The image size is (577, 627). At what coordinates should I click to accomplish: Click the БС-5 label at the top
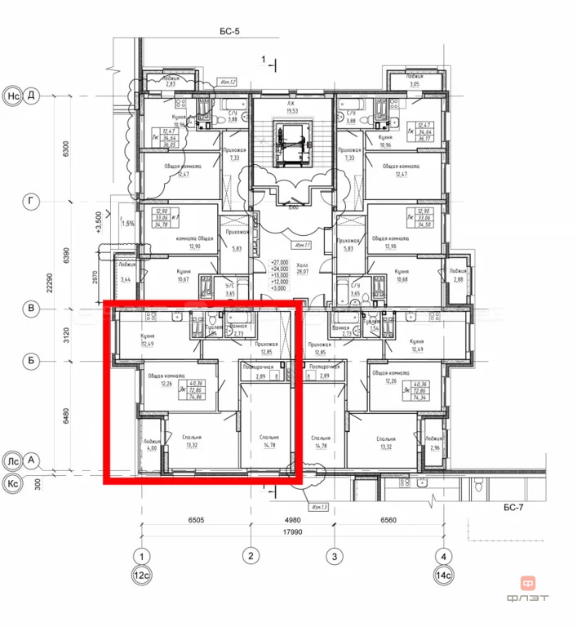[229, 32]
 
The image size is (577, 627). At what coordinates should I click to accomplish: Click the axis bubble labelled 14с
[444, 576]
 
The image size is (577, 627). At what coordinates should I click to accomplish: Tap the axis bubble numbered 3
[333, 558]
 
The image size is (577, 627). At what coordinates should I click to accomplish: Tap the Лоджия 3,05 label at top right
[415, 81]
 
